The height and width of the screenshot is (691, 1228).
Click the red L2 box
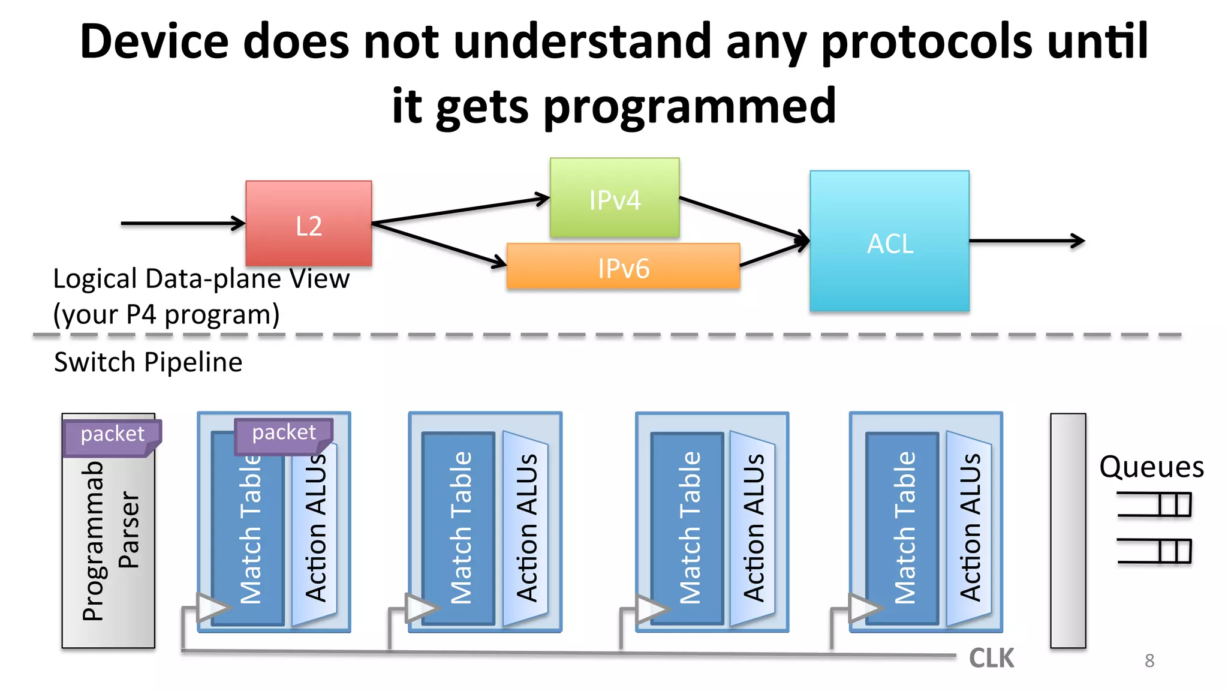pyautogui.click(x=308, y=223)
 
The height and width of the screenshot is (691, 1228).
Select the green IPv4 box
pyautogui.click(x=615, y=198)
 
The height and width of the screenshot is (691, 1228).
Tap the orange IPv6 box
pyautogui.click(x=623, y=267)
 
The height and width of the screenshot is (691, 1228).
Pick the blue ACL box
pyautogui.click(x=889, y=241)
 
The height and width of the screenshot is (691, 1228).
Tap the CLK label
pyautogui.click(x=991, y=659)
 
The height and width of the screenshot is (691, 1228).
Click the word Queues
pyautogui.click(x=1151, y=467)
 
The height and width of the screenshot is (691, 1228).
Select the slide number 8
pyautogui.click(x=1149, y=660)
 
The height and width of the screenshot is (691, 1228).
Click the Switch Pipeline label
pyautogui.click(x=148, y=362)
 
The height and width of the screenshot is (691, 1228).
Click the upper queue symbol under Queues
pyautogui.click(x=1154, y=504)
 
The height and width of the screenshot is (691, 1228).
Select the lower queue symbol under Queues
pyautogui.click(x=1154, y=551)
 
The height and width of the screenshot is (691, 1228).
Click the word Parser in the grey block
pyautogui.click(x=129, y=529)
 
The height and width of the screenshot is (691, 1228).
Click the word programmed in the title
pyautogui.click(x=689, y=106)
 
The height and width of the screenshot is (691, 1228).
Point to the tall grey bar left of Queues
pyautogui.click(x=1068, y=530)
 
